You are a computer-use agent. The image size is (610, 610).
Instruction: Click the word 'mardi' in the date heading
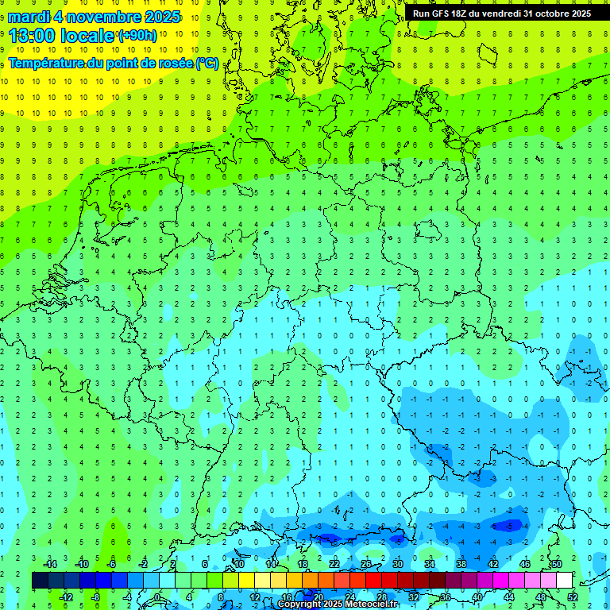(31, 17)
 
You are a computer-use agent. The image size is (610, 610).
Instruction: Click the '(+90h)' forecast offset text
(137, 36)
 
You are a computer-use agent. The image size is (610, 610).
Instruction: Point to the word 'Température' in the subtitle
(47, 63)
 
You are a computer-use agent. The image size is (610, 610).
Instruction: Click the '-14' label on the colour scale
(52, 564)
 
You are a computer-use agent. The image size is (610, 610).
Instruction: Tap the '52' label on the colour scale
(572, 596)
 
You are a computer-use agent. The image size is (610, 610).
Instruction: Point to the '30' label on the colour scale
(397, 564)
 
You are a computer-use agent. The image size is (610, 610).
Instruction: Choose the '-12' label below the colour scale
(67, 596)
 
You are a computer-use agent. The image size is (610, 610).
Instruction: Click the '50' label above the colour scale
(556, 564)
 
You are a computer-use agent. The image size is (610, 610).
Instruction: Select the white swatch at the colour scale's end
(564, 580)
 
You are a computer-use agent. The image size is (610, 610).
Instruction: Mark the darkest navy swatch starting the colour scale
(40, 580)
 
